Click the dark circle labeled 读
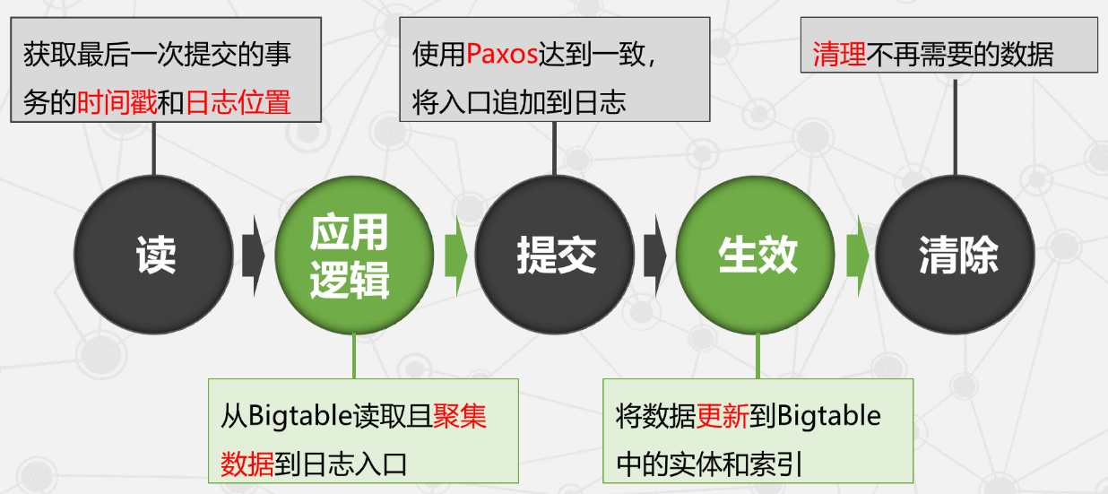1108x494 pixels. pyautogui.click(x=154, y=255)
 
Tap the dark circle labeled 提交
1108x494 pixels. pyautogui.click(x=555, y=255)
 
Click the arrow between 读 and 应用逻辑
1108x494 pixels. pyautogui.click(x=253, y=255)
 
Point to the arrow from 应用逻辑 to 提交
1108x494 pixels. pyautogui.click(x=454, y=255)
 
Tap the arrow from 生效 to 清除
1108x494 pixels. pyautogui.click(x=857, y=255)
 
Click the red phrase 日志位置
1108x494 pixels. pyautogui.click(x=238, y=102)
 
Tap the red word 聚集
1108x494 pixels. pyautogui.click(x=460, y=416)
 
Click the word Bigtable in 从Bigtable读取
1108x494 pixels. pyautogui.click(x=292, y=416)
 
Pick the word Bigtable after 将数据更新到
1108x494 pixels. pyautogui.click(x=828, y=416)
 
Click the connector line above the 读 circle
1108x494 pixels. pyautogui.click(x=154, y=148)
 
